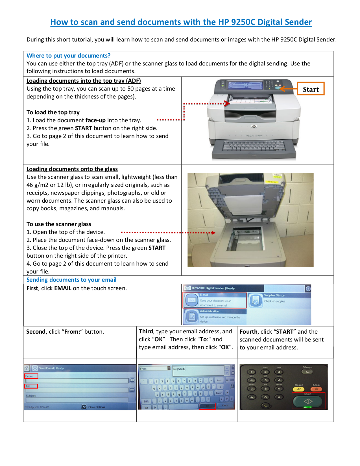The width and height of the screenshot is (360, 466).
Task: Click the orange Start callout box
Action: click(x=311, y=89)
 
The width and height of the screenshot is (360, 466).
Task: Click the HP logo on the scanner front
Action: click(x=254, y=126)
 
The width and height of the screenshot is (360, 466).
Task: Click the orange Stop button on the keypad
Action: click(x=316, y=389)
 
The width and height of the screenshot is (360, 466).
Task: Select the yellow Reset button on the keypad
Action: click(x=298, y=389)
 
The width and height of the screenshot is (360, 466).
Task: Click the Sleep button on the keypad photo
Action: click(x=307, y=372)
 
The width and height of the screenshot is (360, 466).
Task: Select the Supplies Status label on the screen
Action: click(x=274, y=295)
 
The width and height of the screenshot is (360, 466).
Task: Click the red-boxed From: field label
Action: click(x=31, y=376)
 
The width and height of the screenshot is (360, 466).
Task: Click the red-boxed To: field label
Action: click(x=31, y=386)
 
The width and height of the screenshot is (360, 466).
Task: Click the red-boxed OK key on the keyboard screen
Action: click(x=207, y=406)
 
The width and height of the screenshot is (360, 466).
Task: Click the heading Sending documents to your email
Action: click(x=71, y=280)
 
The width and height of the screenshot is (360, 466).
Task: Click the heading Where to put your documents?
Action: click(x=68, y=56)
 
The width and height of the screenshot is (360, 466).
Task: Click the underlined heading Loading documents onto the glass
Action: click(x=72, y=169)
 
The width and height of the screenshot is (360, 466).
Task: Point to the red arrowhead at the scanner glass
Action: click(x=213, y=233)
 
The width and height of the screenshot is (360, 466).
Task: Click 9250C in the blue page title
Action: click(x=243, y=22)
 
